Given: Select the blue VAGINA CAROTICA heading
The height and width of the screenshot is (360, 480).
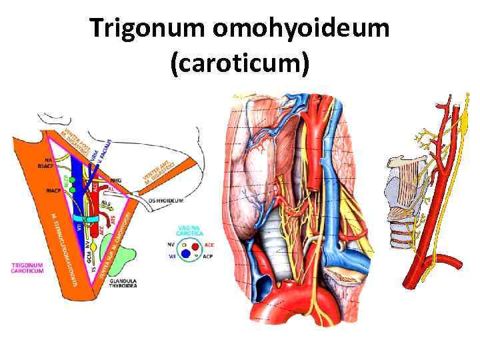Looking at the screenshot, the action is tap(193, 230).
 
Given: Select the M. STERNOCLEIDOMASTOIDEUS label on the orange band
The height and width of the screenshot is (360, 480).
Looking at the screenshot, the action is tap(65, 247).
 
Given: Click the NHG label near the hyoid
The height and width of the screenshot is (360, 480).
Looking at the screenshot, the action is tap(116, 180).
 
